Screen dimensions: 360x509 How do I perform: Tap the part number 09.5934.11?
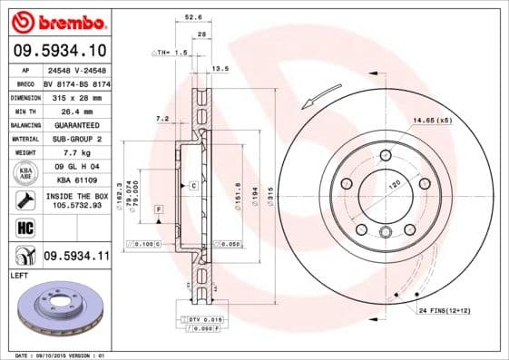77,257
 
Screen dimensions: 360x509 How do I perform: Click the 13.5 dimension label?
220,68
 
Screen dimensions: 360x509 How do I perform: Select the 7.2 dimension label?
162,119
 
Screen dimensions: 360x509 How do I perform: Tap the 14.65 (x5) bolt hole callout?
432,121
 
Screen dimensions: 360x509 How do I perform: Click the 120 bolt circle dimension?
393,185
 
